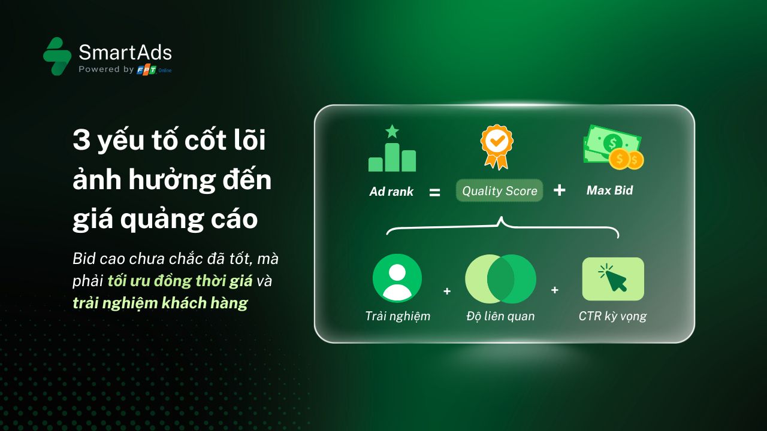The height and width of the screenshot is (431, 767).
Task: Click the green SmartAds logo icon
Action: point(57,56)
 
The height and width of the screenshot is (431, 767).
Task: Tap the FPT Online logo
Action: point(154,70)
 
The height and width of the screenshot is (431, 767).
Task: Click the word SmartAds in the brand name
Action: point(125,52)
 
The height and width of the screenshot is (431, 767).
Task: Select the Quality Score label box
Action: point(499,190)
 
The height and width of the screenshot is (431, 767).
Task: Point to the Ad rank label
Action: point(391,192)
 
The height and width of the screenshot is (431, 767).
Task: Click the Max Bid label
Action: point(610,190)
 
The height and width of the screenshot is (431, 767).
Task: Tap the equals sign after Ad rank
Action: point(435,193)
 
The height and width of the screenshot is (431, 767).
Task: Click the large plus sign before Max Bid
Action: point(560,190)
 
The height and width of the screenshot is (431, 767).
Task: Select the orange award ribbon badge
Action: point(497,147)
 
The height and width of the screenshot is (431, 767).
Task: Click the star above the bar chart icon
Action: point(392,131)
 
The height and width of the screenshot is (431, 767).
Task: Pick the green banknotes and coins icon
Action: point(613,147)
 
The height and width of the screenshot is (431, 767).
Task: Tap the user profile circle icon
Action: point(397,278)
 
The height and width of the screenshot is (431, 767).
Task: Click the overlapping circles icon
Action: point(500,279)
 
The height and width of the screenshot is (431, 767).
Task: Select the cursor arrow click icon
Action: point(613,279)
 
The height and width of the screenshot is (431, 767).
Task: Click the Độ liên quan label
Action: point(500,316)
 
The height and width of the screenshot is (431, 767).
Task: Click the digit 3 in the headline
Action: point(81,140)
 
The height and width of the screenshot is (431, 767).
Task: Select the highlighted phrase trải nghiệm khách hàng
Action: point(160,303)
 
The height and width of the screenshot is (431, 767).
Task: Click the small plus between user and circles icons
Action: point(447,291)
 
